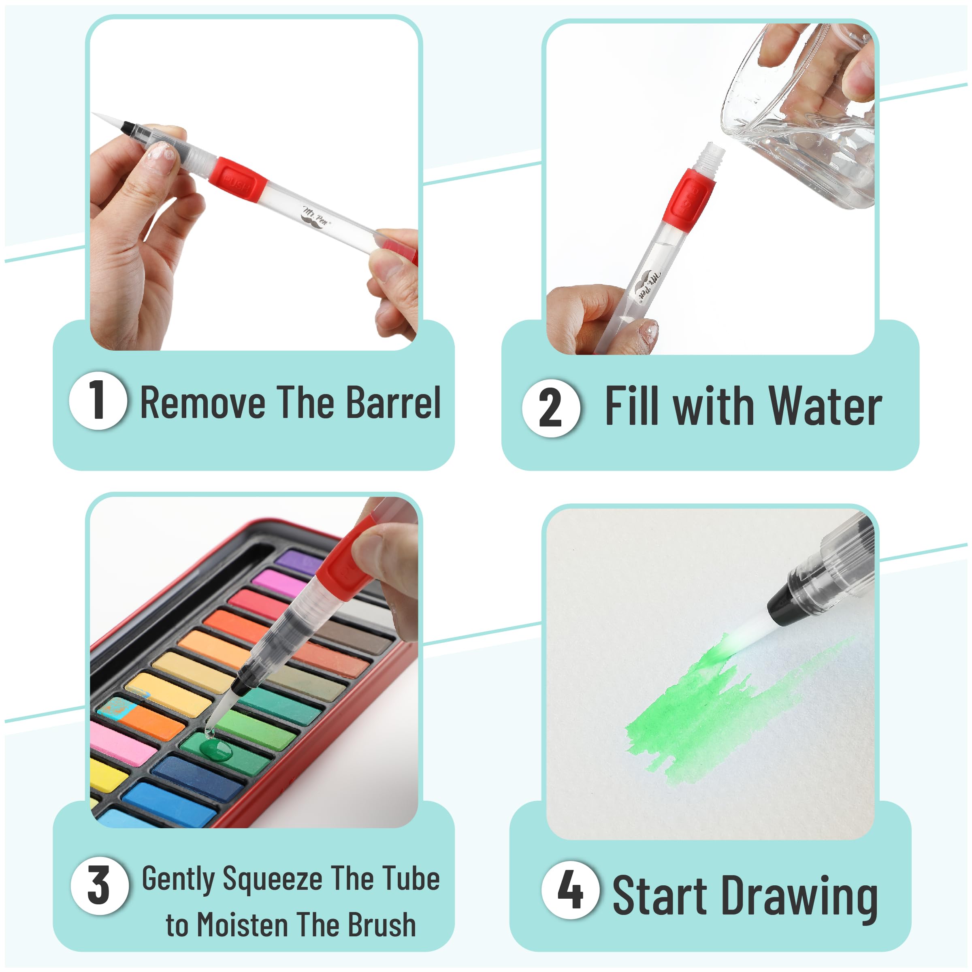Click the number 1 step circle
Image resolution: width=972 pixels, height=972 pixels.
(98, 401)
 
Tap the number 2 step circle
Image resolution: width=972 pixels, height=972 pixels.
(551, 408)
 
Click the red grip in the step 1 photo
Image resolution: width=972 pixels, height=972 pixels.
(237, 179)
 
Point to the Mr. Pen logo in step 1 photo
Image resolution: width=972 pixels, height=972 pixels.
(316, 217)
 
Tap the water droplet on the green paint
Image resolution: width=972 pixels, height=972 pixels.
(216, 748)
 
